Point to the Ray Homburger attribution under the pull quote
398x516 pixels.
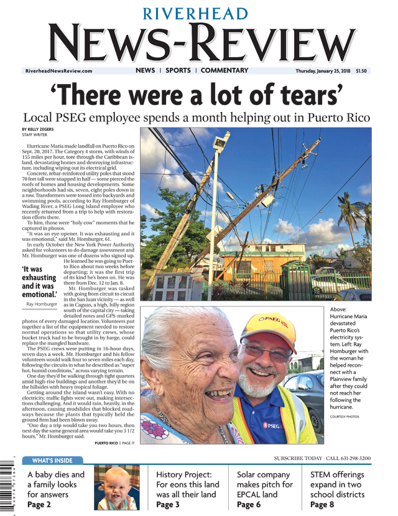point(42,304)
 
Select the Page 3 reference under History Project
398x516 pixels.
point(169,504)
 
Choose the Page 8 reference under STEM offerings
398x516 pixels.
point(322,504)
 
